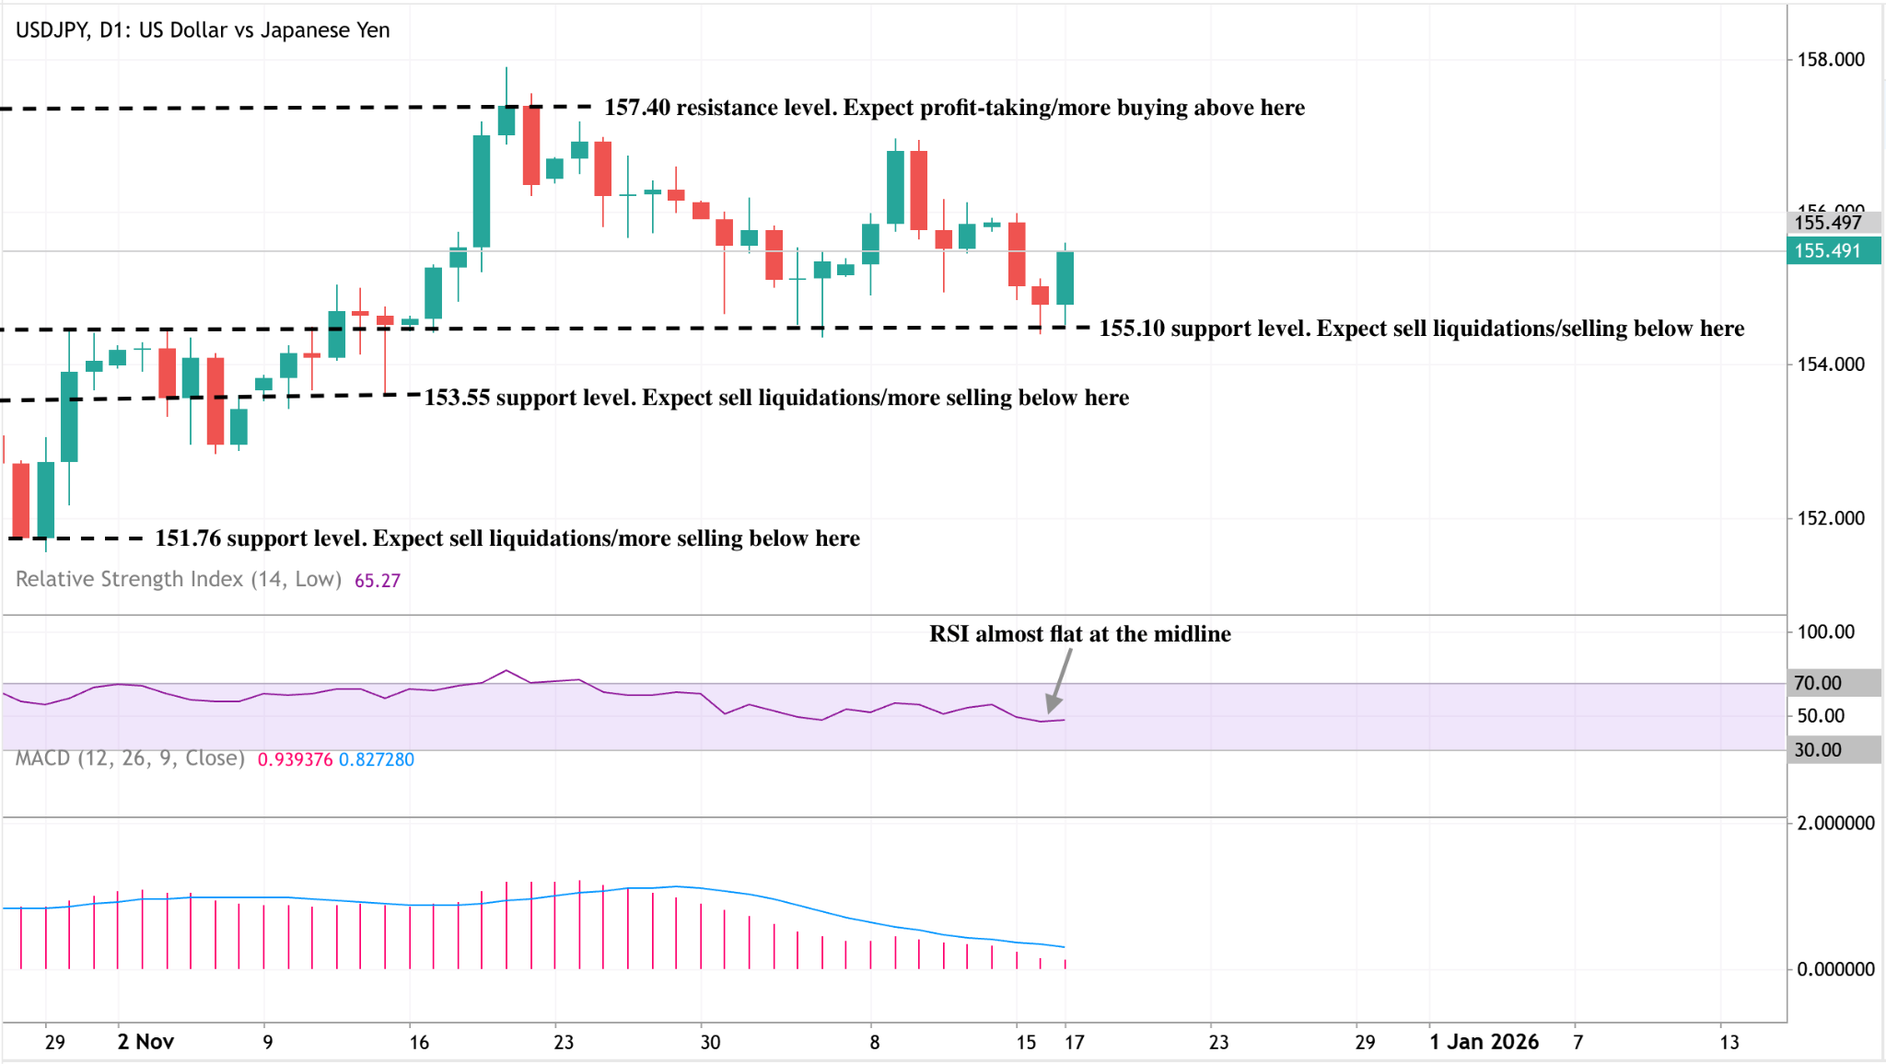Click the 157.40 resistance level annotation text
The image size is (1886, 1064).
click(x=954, y=108)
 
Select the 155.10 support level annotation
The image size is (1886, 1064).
click(x=1421, y=329)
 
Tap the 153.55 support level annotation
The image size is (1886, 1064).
click(x=776, y=398)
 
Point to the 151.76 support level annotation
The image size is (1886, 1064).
click(x=507, y=538)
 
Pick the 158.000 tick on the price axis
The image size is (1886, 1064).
click(x=1831, y=60)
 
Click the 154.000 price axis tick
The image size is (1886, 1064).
click(x=1831, y=364)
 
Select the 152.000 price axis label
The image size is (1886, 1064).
click(x=1831, y=518)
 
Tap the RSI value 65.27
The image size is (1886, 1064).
click(x=378, y=581)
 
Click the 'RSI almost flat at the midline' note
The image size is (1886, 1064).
click(x=1079, y=634)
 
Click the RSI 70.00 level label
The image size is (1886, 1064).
click(x=1818, y=683)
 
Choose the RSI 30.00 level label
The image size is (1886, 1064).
click(x=1818, y=750)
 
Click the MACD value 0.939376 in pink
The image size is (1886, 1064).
click(x=295, y=759)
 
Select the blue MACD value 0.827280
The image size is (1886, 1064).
click(x=377, y=759)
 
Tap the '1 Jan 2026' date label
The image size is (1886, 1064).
click(x=1484, y=1042)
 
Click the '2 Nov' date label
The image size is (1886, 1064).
click(x=146, y=1042)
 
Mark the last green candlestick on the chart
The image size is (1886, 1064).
click(x=1065, y=277)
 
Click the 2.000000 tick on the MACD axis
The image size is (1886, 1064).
click(x=1835, y=823)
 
